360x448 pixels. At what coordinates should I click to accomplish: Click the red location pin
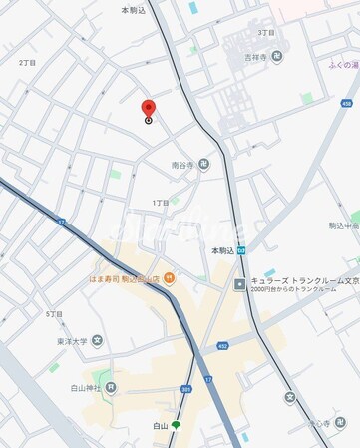coord(149,108)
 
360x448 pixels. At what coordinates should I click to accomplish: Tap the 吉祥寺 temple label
coord(258,57)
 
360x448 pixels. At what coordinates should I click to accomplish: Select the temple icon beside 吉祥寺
coord(277,57)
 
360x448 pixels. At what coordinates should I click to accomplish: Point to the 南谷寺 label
coord(182,165)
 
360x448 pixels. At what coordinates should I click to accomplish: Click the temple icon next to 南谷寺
coord(203,165)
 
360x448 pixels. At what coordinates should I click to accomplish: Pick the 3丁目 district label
coord(266,32)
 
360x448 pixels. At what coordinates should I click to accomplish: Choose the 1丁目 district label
coord(161,203)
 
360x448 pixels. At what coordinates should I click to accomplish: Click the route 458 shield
coord(346,103)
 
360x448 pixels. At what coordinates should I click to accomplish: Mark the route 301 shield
coord(186,389)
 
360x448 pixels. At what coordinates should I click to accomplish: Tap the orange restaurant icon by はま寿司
coord(170,277)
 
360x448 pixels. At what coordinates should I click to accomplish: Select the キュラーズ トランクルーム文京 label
coord(298,283)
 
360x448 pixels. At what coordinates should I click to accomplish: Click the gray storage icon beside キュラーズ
coord(240,284)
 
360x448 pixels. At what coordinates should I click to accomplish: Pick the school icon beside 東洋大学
coord(97,340)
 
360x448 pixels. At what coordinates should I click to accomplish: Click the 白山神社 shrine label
coord(85,387)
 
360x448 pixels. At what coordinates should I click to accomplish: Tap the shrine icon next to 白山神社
coord(111,387)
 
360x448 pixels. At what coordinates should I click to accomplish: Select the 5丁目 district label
coord(54,314)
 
